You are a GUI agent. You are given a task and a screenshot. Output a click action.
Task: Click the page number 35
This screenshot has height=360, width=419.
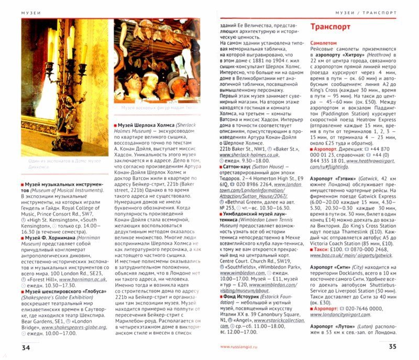tap(396, 347)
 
